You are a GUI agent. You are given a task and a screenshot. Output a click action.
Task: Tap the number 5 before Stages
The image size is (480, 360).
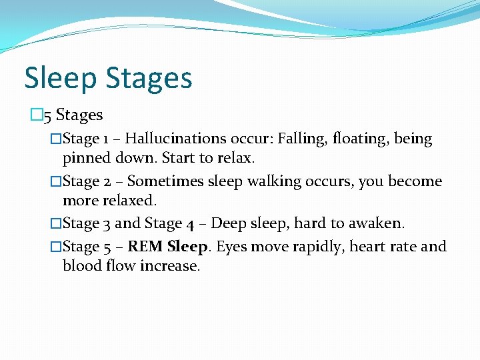click(47, 115)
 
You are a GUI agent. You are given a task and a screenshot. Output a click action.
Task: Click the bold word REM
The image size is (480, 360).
click(146, 246)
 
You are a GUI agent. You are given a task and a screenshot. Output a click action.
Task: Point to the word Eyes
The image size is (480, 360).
click(233, 246)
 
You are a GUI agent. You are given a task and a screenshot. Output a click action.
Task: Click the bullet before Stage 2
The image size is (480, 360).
click(56, 181)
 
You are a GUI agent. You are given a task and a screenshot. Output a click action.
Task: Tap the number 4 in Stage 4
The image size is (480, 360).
click(190, 224)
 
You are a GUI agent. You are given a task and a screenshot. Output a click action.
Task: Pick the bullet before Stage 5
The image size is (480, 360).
click(56, 246)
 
